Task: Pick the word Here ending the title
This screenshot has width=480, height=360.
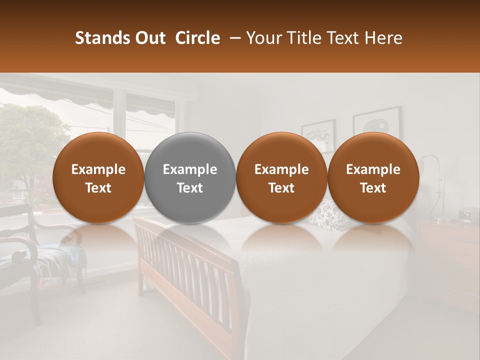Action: (384, 38)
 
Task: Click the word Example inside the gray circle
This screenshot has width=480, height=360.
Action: (189, 169)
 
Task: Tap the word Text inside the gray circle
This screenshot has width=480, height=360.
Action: (189, 188)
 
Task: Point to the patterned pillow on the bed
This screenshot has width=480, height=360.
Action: (322, 215)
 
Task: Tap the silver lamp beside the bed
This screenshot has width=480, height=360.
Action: (438, 190)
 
